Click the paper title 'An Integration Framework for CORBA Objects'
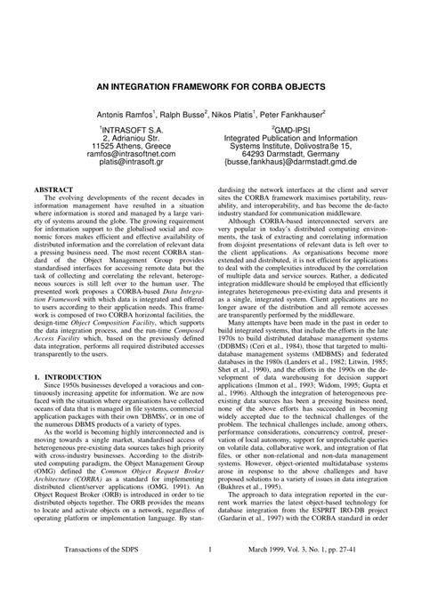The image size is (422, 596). click(210, 90)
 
